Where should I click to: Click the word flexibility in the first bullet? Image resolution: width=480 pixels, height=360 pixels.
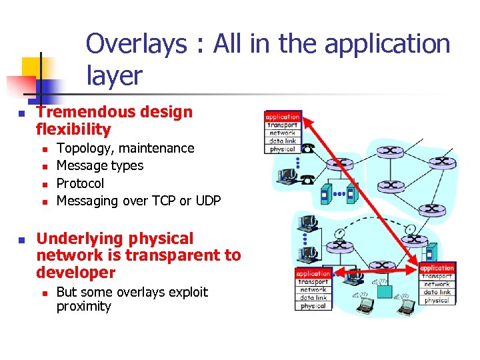[73, 129]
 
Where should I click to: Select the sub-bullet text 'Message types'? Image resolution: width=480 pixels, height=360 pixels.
[100, 165]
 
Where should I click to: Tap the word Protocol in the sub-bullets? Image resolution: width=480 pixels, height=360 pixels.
[80, 183]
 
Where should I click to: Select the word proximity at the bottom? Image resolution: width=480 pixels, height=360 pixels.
[84, 307]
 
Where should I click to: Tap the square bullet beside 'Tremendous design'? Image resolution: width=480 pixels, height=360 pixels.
[21, 115]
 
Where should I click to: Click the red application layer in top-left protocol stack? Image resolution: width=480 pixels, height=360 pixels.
[283, 117]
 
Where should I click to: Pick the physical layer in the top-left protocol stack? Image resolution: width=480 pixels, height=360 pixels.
[283, 149]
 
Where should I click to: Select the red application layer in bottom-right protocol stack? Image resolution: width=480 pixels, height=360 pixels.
[437, 268]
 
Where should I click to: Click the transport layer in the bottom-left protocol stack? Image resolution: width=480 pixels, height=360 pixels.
[313, 282]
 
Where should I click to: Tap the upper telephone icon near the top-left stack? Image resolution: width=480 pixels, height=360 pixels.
[308, 149]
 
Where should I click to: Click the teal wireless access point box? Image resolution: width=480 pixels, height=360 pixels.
[385, 291]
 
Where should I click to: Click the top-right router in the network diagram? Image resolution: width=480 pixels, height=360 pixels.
[441, 161]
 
